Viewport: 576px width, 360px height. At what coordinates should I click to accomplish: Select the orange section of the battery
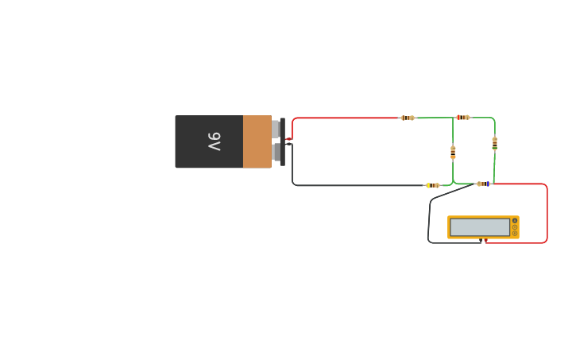pyautogui.click(x=257, y=141)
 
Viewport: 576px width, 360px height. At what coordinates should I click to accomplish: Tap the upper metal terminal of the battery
pyautogui.click(x=276, y=129)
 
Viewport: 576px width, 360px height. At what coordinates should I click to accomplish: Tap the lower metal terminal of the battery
pyautogui.click(x=276, y=152)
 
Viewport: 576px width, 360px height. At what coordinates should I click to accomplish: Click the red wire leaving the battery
pyautogui.click(x=342, y=118)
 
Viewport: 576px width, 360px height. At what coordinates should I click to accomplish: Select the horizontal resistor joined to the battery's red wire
pyautogui.click(x=407, y=118)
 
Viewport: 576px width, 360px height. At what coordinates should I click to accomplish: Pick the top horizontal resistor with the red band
pyautogui.click(x=462, y=118)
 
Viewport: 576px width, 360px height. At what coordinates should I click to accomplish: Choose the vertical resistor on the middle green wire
pyautogui.click(x=453, y=153)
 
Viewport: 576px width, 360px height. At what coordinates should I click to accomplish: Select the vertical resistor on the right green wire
pyautogui.click(x=494, y=144)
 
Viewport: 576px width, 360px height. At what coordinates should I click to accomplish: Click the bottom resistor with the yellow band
pyautogui.click(x=432, y=185)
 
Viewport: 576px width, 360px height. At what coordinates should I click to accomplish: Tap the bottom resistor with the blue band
pyautogui.click(x=483, y=184)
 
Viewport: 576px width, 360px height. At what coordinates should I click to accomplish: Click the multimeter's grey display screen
pyautogui.click(x=480, y=227)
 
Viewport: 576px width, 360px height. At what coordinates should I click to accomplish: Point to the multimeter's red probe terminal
pyautogui.click(x=486, y=239)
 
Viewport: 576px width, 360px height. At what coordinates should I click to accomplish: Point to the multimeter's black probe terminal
pyautogui.click(x=481, y=239)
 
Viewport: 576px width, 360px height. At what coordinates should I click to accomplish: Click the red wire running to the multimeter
pyautogui.click(x=547, y=215)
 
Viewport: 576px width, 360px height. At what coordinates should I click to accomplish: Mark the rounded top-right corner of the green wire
pyautogui.click(x=493, y=119)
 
